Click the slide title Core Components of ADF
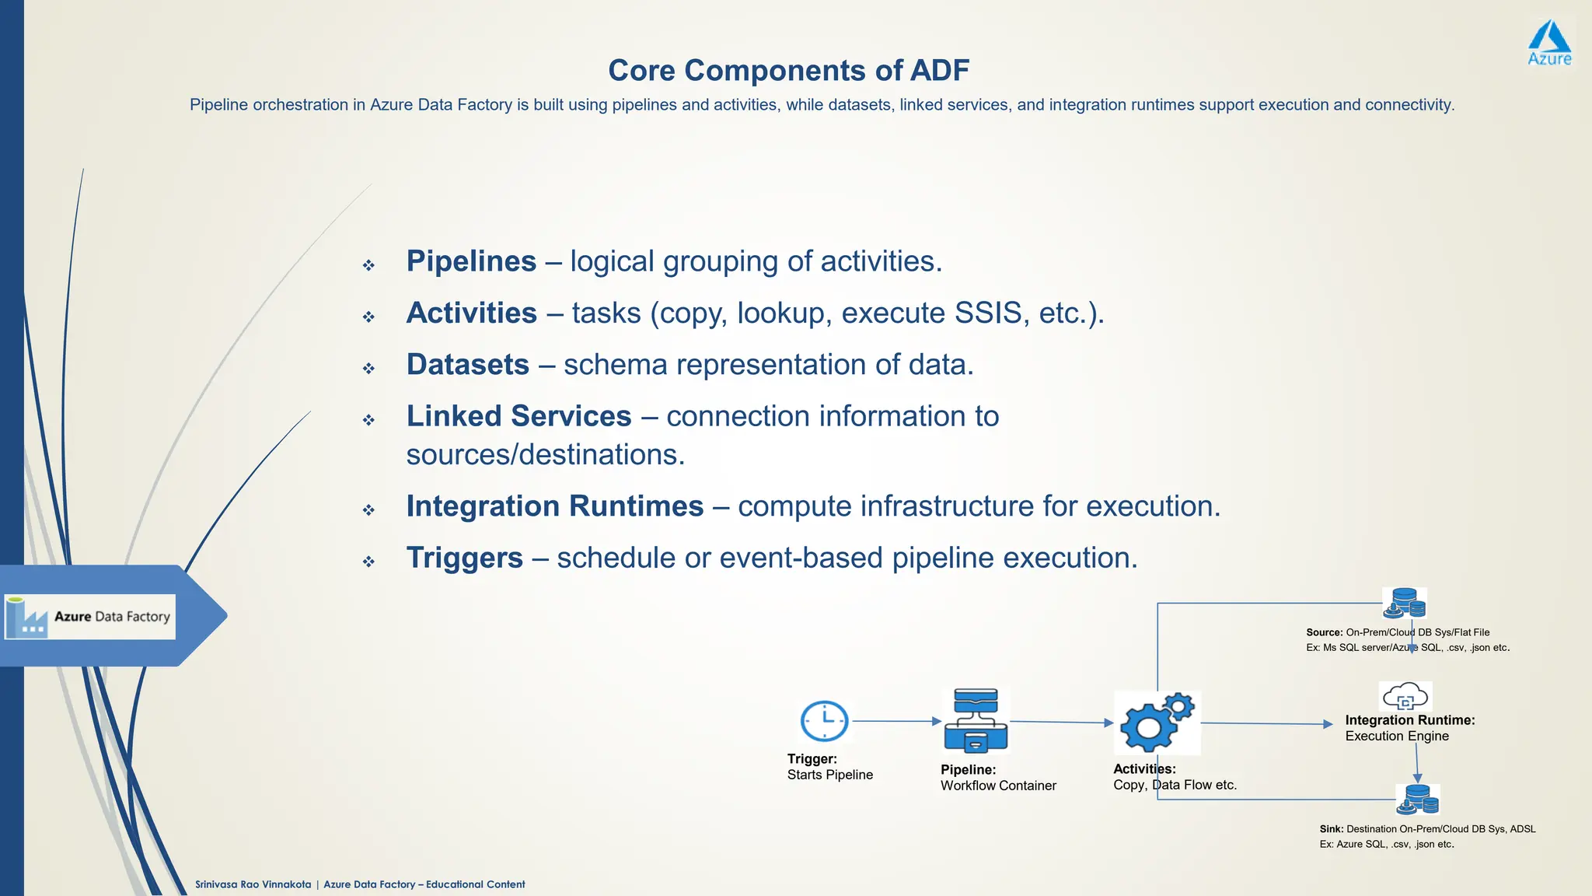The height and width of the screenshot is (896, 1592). coord(788,70)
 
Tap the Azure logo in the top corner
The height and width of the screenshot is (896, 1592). coord(1549,44)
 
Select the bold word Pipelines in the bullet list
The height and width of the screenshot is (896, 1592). coord(471,261)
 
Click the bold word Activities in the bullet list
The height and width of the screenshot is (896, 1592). coord(471,313)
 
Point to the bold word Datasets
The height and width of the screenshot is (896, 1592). coord(467,364)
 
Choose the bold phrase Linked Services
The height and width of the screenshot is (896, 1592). coord(518,416)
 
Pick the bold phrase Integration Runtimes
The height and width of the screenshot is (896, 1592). coord(554,506)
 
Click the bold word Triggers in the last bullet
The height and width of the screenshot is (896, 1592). coord(464,558)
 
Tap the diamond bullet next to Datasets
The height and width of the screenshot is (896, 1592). coord(368,368)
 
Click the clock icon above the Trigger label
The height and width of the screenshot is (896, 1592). coord(824,721)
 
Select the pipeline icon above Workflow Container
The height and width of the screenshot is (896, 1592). coord(976,720)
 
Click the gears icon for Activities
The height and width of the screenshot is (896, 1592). coord(1157,723)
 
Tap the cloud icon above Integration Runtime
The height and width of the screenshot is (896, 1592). coord(1405,695)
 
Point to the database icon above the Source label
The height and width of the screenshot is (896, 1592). coord(1405,603)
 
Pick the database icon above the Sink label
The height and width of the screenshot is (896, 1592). coord(1418,799)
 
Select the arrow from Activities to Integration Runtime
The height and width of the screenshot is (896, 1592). coord(1267,723)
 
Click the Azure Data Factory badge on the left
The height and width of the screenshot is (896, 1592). coord(90,617)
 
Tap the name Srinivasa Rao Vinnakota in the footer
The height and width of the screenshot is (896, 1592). coord(253,884)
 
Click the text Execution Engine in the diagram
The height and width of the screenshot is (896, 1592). coord(1397,736)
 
